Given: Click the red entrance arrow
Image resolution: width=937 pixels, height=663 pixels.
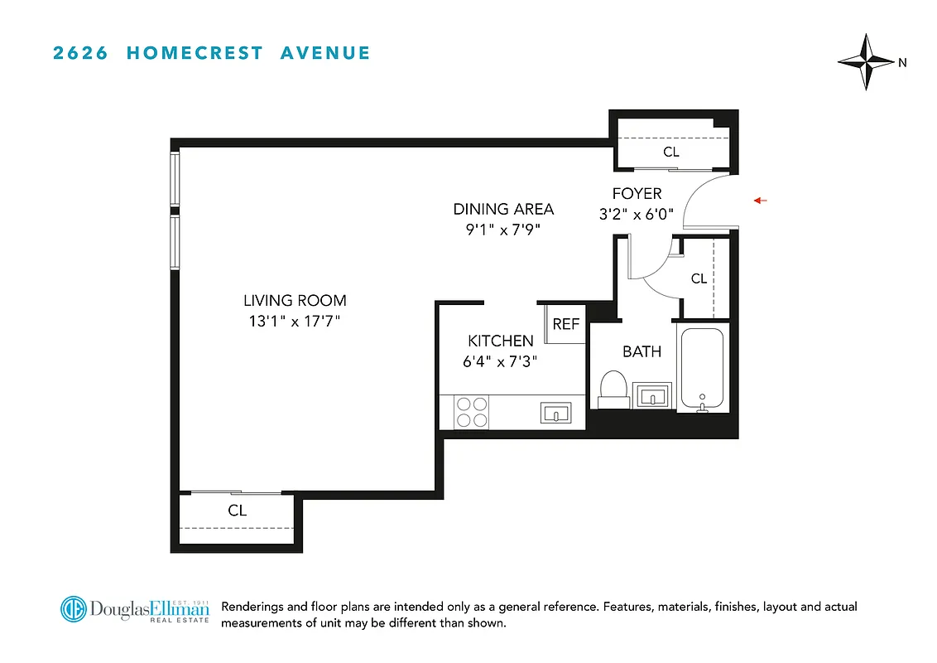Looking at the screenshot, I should [761, 201].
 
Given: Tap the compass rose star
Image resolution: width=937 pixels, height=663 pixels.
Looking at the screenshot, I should [866, 62].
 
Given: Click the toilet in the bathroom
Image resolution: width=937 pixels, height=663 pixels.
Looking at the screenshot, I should [613, 389].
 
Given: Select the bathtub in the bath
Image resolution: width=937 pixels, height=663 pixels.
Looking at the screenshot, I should [702, 368].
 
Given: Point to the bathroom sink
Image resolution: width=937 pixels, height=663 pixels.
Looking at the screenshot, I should [652, 395].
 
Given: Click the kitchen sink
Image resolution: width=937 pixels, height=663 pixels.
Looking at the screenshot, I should [555, 412].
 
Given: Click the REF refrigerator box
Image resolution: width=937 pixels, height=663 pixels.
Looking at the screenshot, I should [566, 324].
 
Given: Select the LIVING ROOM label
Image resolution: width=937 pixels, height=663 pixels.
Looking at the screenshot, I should [295, 301].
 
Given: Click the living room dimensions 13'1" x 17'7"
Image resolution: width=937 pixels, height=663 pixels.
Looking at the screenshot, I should [295, 321].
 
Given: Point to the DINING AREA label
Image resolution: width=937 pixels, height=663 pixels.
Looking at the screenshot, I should [503, 209].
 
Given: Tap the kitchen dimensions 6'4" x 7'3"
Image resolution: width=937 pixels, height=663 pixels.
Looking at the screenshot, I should [501, 361].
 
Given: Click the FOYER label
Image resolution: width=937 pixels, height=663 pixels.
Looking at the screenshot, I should [637, 194].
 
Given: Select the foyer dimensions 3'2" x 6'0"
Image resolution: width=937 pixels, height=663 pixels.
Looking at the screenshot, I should [637, 214].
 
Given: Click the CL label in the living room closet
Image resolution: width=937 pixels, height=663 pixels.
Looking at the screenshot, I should [238, 511].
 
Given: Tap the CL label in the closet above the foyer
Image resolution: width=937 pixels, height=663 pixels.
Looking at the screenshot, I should [671, 152].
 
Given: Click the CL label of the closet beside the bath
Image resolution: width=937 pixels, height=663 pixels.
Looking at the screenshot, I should [699, 278].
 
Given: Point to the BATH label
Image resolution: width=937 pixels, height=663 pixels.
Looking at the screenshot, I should [641, 351].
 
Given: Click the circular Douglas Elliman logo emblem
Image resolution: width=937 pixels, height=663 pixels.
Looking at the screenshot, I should [74, 609].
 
